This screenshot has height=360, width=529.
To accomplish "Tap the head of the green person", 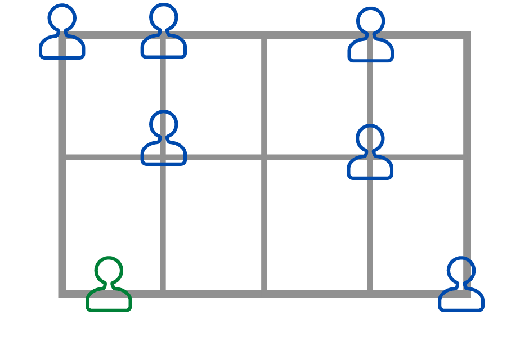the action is pos(109,271).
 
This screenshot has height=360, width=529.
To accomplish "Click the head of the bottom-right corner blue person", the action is pos(461,271).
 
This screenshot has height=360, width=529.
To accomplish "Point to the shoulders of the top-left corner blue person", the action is pos(62,47).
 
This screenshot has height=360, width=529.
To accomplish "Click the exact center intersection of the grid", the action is pos(264,156).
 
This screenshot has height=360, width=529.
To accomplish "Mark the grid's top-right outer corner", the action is pos(467,36).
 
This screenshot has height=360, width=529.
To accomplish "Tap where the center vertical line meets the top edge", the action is pos(264,36).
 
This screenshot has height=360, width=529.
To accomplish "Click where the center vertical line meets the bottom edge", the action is pos(264,293).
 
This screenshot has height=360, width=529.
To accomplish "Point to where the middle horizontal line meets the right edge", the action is pos(467,156).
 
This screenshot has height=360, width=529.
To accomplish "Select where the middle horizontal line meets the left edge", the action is pos(62,156).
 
